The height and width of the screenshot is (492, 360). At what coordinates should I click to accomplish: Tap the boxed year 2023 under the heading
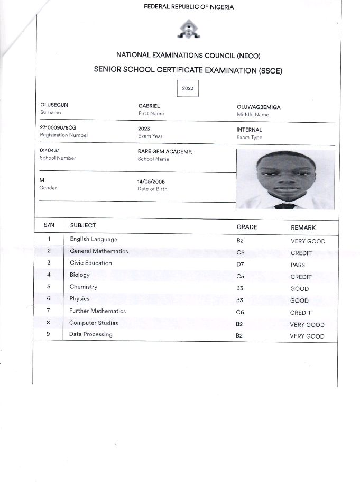click(188, 88)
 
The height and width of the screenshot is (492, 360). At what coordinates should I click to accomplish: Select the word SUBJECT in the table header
click(83, 226)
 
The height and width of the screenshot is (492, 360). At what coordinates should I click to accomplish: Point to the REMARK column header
click(303, 227)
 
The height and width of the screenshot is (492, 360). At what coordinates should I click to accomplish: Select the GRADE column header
click(246, 227)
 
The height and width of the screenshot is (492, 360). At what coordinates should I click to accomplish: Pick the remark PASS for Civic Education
click(298, 265)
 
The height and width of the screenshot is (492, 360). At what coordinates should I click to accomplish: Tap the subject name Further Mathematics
click(97, 311)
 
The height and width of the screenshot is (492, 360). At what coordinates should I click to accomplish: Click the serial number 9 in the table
click(48, 334)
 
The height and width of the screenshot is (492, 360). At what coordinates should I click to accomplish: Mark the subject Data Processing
click(90, 334)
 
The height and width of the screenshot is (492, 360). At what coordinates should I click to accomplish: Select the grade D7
click(240, 265)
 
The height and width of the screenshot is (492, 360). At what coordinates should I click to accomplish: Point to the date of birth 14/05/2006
click(151, 181)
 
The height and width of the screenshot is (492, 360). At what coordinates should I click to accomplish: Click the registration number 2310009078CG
click(58, 128)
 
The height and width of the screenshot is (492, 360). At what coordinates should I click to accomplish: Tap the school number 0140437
click(50, 150)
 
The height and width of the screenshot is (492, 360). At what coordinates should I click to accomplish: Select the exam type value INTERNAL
click(250, 130)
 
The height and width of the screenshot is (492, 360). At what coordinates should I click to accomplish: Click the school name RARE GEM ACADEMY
click(165, 151)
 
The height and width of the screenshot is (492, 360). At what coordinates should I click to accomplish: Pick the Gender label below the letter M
click(48, 188)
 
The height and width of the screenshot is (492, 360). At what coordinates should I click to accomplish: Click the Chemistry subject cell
click(84, 287)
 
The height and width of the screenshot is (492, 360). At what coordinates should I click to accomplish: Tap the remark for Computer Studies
click(307, 325)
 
